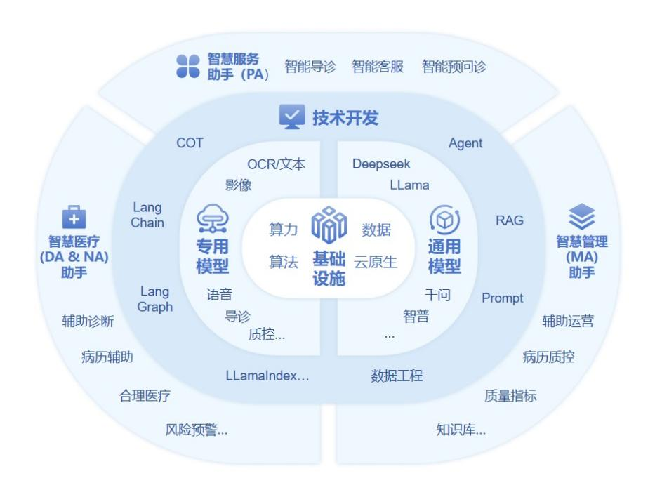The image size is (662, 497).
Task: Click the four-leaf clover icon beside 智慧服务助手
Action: [x=187, y=67]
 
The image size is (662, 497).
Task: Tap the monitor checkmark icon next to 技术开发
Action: [x=292, y=117]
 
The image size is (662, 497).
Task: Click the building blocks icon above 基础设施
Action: [x=329, y=225]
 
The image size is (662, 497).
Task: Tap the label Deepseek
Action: [x=381, y=164]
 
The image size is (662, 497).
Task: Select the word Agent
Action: [x=465, y=143]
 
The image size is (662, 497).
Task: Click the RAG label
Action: [x=509, y=220]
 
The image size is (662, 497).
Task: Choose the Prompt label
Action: [x=502, y=298]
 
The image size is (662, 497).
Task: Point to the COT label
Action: [x=190, y=143]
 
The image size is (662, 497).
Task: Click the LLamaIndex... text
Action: [x=267, y=376]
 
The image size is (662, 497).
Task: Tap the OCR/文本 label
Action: [x=276, y=164]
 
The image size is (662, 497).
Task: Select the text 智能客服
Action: [x=378, y=67]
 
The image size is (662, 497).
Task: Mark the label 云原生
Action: [x=376, y=263]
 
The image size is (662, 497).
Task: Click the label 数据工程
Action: [x=397, y=376]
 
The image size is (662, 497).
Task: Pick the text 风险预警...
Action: [x=196, y=430]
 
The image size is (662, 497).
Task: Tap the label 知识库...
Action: [x=461, y=430]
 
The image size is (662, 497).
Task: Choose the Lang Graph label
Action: [x=155, y=299]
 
